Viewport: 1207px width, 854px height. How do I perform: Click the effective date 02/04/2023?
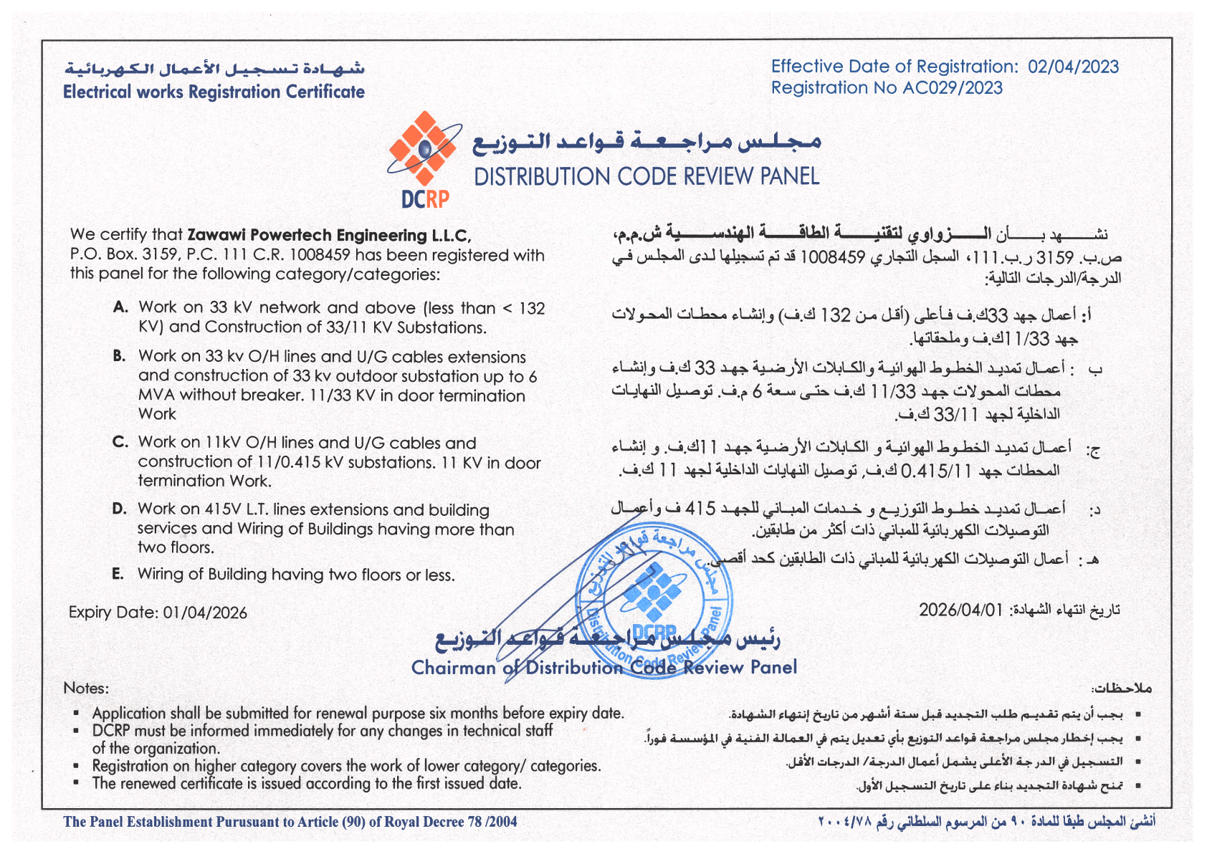1073,67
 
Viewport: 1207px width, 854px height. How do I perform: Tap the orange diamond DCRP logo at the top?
423,148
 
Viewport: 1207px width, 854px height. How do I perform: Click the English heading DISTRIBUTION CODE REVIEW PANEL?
647,176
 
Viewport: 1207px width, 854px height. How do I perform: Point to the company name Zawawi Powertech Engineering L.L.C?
328,235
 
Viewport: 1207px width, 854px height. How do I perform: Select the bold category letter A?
120,307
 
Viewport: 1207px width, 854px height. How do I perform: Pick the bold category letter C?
120,442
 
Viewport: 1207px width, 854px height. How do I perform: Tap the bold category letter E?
118,574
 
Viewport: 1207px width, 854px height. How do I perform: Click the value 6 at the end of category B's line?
533,376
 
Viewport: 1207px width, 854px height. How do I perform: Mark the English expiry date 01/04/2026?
205,613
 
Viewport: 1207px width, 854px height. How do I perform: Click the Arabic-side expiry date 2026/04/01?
961,610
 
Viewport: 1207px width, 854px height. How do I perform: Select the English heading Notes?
86,688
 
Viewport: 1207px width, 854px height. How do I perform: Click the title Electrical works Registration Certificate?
214,92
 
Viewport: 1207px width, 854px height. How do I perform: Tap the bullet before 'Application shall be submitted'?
76,714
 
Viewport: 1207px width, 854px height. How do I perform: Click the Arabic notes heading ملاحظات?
1122,689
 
